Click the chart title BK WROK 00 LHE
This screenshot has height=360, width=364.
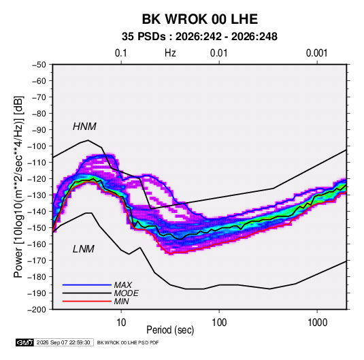[x=199, y=19]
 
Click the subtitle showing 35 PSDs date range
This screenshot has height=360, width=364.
[x=199, y=37]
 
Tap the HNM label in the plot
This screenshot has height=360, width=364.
[x=84, y=127]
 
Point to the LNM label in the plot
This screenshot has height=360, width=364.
[x=84, y=249]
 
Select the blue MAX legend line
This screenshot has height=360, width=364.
[x=87, y=284]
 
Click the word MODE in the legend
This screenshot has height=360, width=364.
[x=127, y=293]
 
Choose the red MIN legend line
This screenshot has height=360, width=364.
[x=87, y=301]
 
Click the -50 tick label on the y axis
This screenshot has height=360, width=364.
[x=39, y=65]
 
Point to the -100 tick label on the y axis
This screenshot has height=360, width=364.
[x=37, y=146]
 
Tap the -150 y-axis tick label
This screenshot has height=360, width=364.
[x=37, y=228]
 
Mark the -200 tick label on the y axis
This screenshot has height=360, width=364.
[x=37, y=310]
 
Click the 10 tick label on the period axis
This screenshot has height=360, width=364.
[x=121, y=323]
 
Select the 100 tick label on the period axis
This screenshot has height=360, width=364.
[x=219, y=323]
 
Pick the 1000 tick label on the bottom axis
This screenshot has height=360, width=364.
[x=317, y=323]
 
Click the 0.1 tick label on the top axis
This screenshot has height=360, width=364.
[x=121, y=53]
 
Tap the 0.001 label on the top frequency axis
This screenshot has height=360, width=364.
[x=316, y=53]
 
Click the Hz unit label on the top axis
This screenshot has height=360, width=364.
[x=170, y=53]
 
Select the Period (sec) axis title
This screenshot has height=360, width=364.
[x=170, y=330]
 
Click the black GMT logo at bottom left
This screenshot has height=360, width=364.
[x=25, y=342]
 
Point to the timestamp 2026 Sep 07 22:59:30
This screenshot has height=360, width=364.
[x=63, y=342]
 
